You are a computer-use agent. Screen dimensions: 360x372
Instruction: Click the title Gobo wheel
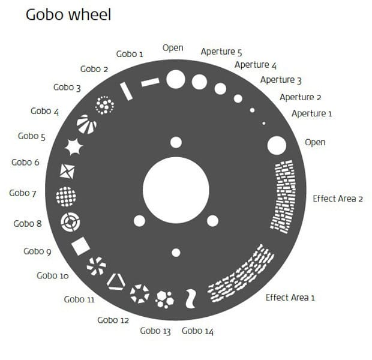(x=68, y=14)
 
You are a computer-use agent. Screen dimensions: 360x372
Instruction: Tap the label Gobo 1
(x=130, y=53)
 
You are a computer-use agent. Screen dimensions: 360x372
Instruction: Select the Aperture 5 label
(x=221, y=52)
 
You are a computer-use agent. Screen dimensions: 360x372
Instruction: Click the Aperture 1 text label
(x=311, y=113)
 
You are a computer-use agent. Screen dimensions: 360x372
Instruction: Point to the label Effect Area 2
(x=338, y=198)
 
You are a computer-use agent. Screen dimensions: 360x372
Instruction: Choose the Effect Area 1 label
(x=290, y=297)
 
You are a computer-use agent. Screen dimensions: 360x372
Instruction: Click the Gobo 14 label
(x=197, y=331)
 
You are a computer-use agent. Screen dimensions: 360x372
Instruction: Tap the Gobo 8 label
(x=28, y=224)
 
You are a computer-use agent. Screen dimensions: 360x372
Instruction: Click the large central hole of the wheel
(x=176, y=190)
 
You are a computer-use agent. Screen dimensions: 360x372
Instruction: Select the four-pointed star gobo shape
(x=74, y=146)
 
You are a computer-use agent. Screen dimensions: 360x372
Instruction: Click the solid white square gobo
(x=80, y=246)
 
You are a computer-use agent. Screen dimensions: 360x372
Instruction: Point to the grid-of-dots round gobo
(x=65, y=196)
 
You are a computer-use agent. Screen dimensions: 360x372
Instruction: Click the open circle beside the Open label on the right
(x=277, y=145)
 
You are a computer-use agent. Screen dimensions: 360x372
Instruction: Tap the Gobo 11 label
(x=79, y=299)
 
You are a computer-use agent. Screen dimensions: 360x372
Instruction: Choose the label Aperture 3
(x=281, y=80)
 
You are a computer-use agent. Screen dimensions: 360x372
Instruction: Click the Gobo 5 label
(x=32, y=136)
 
